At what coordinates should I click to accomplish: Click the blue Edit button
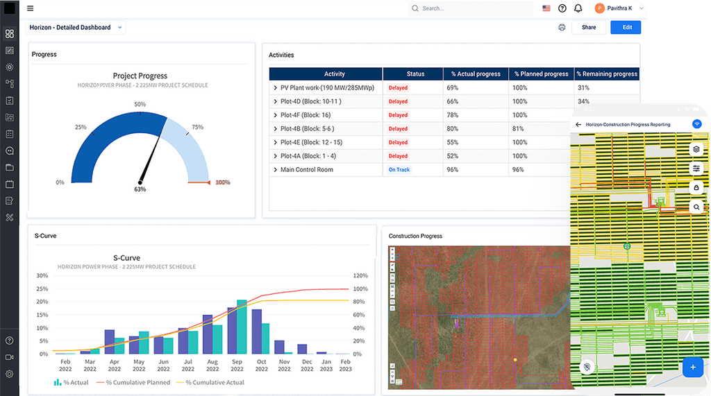(626, 28)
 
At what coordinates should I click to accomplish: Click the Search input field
(472, 8)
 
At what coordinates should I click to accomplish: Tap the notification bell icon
(578, 8)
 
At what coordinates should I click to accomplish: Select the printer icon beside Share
(562, 28)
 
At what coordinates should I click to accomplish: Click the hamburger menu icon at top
(30, 8)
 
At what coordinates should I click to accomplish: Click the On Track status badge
(399, 170)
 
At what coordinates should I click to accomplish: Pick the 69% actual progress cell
(453, 88)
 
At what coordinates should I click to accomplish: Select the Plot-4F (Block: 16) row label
(306, 115)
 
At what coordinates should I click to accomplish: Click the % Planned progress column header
(542, 74)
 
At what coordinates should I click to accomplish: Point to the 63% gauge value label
(140, 189)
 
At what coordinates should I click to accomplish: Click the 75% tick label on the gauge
(197, 127)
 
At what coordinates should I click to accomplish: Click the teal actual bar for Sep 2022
(242, 327)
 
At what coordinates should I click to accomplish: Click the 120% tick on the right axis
(360, 275)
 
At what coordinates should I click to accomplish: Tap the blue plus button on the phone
(692, 368)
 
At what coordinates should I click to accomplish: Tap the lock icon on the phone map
(696, 187)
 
